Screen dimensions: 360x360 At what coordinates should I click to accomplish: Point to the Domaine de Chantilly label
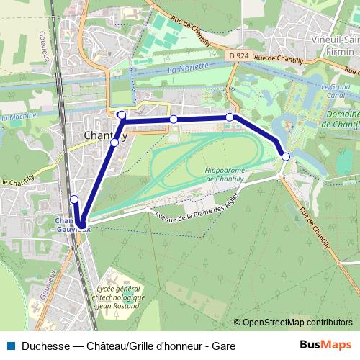pos(338,120)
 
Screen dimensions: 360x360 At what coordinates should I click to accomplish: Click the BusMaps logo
pos(326,345)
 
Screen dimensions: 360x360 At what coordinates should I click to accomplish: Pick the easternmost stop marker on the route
pos(286,156)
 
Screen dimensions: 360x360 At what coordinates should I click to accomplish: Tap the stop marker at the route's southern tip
pos(81,225)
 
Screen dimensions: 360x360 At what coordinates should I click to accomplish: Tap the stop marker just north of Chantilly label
pos(122,115)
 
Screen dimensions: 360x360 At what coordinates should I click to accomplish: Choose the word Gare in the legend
pos(222,346)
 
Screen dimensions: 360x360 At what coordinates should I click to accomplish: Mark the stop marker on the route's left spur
pos(74,199)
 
